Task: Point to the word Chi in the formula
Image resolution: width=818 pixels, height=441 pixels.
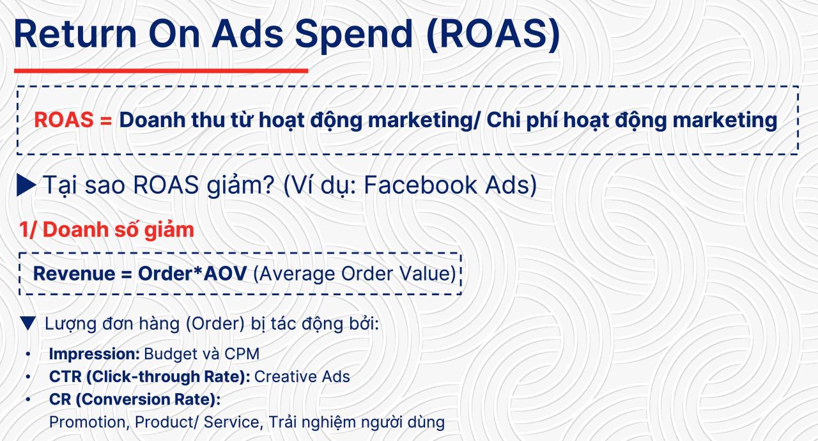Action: [505, 120]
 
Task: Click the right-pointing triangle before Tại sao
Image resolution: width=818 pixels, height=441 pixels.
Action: [26, 185]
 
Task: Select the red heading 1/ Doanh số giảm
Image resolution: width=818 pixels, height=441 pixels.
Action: [107, 229]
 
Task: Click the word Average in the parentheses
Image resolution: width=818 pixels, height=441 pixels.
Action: [296, 274]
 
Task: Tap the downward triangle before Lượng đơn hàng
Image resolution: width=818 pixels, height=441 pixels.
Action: [28, 323]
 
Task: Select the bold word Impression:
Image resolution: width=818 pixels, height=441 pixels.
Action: [95, 353]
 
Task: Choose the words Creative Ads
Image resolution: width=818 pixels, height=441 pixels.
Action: [302, 376]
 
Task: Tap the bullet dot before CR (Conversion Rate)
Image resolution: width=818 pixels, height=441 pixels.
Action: [28, 399]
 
